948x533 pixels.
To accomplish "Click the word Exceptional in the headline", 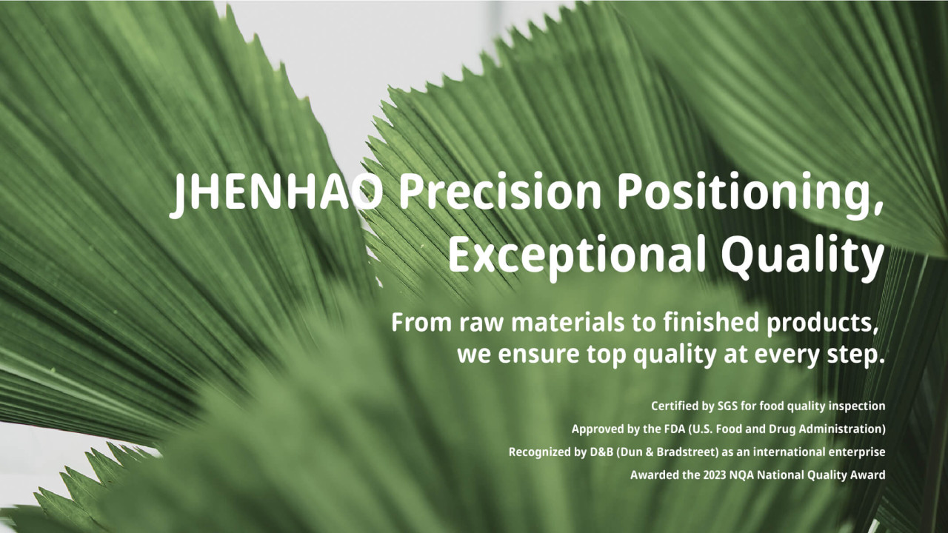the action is [x=576, y=257].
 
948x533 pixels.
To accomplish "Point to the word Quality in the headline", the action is [x=802, y=258].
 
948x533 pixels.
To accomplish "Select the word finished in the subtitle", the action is [x=711, y=322].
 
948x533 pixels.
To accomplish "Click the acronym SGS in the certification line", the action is [x=727, y=406].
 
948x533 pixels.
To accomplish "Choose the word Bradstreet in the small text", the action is [x=685, y=452].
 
